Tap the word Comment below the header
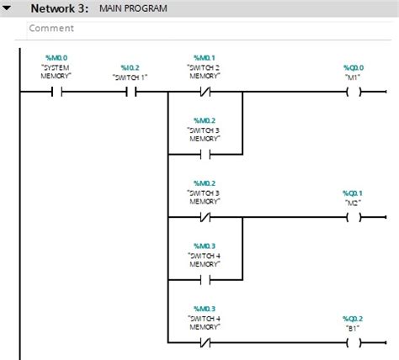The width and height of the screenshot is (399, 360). coord(51,28)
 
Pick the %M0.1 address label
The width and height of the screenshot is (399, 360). coord(205,57)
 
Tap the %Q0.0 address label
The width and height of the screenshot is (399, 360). coord(354,66)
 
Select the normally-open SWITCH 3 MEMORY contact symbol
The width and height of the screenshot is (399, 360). coord(205,155)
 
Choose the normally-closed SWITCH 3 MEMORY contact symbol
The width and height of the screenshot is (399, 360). coord(205,217)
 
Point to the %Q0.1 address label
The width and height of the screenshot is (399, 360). coord(354,192)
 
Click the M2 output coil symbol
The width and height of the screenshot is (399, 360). coord(354,217)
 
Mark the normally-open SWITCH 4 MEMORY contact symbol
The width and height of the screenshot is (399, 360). coord(205,280)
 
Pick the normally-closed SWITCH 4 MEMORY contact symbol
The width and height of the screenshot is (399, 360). coord(205,342)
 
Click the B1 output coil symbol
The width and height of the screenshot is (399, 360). coord(354,342)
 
